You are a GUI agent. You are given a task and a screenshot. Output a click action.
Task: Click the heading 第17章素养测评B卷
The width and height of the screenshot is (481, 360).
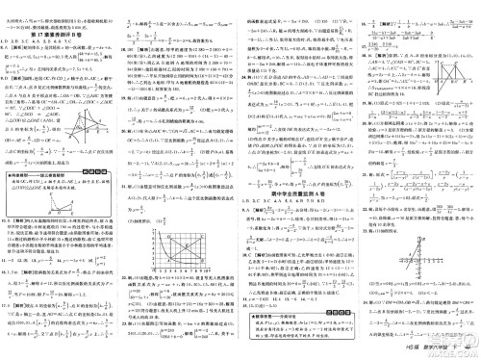[57, 31]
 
